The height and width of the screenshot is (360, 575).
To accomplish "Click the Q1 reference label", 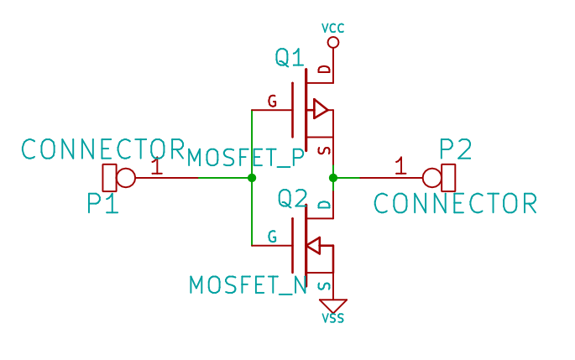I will [290, 58].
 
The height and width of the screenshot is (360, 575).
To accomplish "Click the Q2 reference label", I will [293, 199].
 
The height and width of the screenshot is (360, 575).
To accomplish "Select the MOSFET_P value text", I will [246, 157].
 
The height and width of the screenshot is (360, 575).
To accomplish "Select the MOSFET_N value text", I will [248, 284].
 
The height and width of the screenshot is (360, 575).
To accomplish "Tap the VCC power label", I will [333, 29].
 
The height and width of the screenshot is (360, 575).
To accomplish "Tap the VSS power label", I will [333, 318].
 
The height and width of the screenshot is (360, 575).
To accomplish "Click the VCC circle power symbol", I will [333, 42].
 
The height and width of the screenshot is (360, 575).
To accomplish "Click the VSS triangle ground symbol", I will [333, 305].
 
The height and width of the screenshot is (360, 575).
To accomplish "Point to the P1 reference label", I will [102, 203].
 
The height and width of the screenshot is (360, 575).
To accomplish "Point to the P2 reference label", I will [456, 150].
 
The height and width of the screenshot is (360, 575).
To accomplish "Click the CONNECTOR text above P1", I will [102, 149].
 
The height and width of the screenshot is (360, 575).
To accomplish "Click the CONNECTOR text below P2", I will [454, 203].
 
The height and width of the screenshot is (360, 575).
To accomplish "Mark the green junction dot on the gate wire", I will [252, 178].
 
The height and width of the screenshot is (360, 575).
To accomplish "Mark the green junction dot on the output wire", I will [333, 178].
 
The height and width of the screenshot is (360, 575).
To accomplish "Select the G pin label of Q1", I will [272, 102].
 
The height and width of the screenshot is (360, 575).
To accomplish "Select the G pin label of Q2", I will [272, 237].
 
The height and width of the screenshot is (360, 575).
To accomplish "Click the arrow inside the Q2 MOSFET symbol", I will [312, 246].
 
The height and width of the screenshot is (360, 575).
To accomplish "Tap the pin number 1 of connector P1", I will [156, 166].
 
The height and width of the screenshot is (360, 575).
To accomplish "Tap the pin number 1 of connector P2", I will [400, 166].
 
